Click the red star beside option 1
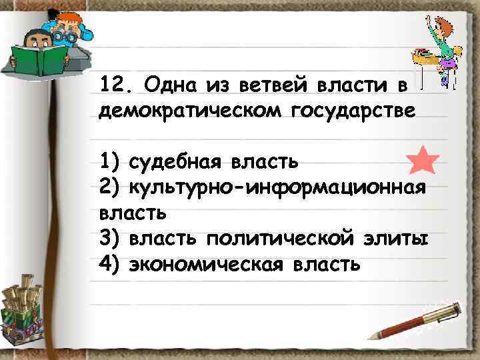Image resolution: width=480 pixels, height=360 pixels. point(422,160)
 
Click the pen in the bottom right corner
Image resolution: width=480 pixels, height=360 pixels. point(417,320)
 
